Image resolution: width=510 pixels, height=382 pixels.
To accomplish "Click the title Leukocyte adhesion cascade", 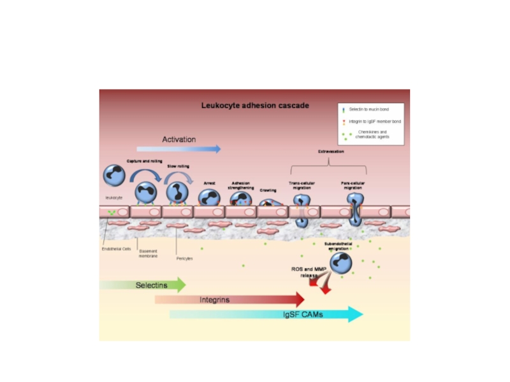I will coord(255,106).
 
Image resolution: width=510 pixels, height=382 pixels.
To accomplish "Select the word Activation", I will coord(178,139).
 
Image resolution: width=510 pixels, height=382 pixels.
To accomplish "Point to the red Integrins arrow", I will coord(229,299).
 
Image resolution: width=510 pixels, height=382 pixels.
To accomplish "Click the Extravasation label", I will coord(331,152).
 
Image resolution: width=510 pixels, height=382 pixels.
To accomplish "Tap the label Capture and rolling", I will coord(144,162).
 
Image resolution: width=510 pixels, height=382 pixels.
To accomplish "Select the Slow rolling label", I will coord(178,166).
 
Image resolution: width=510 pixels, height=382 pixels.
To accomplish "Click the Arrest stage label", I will coord(210,183).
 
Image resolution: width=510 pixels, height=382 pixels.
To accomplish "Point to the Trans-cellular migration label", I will coord(302,185).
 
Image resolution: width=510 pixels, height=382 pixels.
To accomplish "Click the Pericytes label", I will coord(185,258).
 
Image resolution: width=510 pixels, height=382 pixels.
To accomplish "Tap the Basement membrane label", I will coord(148,253).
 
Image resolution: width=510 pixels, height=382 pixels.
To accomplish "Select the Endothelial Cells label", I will coord(117,249).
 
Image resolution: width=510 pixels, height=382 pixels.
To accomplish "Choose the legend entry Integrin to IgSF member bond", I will coord(375,121).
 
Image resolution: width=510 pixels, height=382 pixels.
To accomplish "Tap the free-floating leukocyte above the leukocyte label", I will coord(115,176).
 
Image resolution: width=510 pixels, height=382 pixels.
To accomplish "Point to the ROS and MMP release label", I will coord(304,272).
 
